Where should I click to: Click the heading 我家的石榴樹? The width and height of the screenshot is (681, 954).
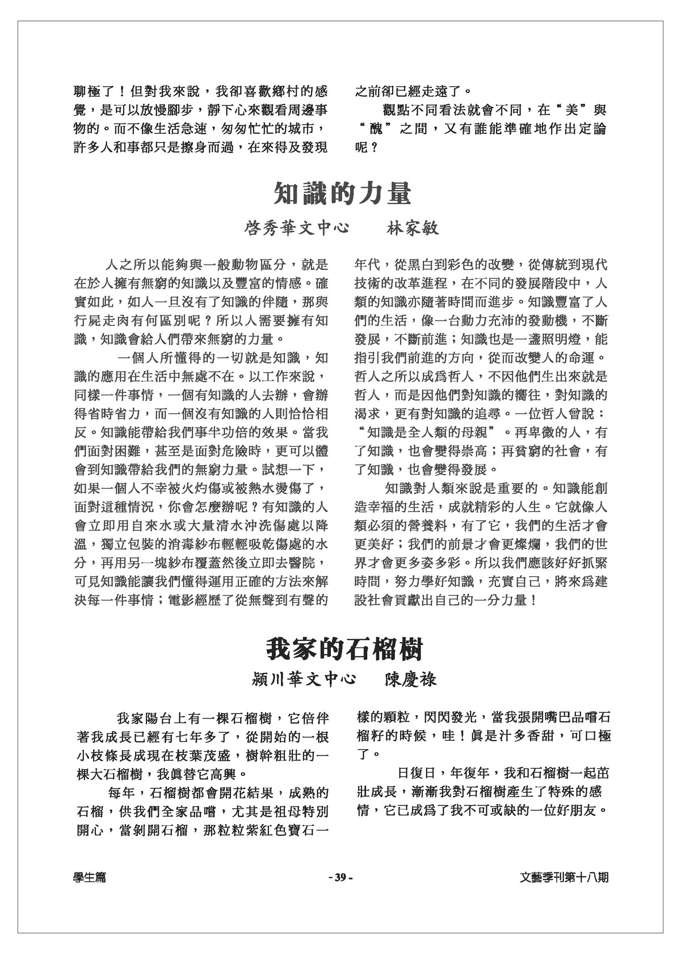[x=344, y=648]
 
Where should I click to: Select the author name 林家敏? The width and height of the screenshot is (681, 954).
[x=413, y=229]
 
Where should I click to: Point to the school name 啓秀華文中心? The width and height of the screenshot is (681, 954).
[x=296, y=229]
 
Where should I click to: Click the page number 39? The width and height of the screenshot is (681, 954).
[x=340, y=877]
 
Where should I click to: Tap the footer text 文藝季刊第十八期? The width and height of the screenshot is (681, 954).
[x=564, y=877]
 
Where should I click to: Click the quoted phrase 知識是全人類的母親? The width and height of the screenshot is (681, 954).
[x=425, y=433]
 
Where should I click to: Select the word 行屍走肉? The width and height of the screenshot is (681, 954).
[x=100, y=321]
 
